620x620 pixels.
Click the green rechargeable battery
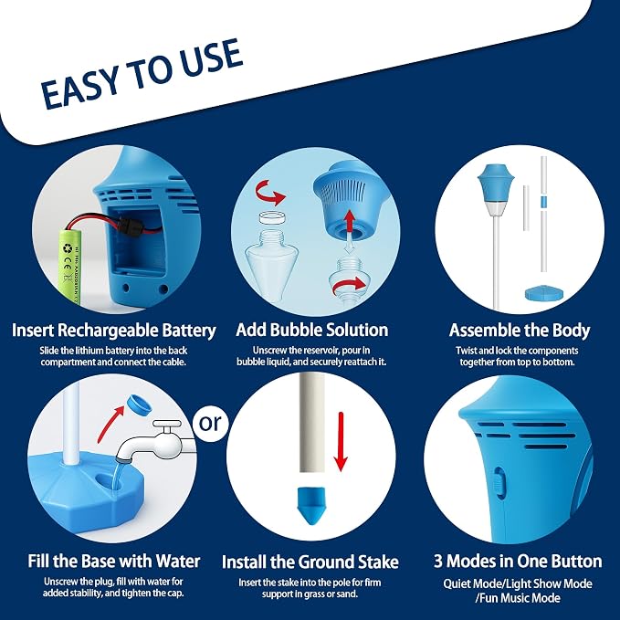(x=71, y=267)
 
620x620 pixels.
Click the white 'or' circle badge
(x=210, y=424)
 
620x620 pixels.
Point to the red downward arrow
(x=341, y=442)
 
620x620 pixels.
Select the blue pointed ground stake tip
(x=310, y=506)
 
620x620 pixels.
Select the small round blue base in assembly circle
(x=544, y=293)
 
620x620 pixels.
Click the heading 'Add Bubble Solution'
(x=312, y=331)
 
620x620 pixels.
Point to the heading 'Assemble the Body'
(x=520, y=331)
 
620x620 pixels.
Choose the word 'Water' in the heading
(x=178, y=561)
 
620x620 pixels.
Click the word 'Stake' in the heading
(x=378, y=562)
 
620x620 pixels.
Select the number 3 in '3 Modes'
(x=438, y=562)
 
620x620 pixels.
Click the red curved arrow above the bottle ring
(x=268, y=192)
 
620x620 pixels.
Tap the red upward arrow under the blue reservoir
(x=349, y=221)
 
